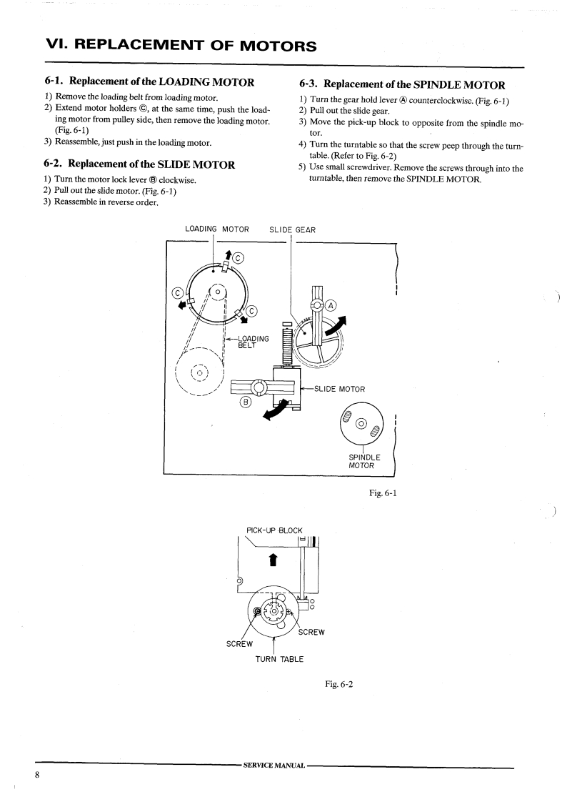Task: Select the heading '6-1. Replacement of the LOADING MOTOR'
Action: pos(149,82)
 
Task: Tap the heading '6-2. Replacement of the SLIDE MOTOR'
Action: pos(139,164)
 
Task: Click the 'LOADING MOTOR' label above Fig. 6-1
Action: pos(216,229)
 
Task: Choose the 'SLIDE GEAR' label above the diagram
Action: pos(293,229)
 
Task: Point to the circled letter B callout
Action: pos(246,402)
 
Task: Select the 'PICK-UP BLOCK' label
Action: pos(274,530)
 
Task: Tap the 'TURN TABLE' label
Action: pos(279,658)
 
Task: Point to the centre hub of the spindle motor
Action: pos(362,425)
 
